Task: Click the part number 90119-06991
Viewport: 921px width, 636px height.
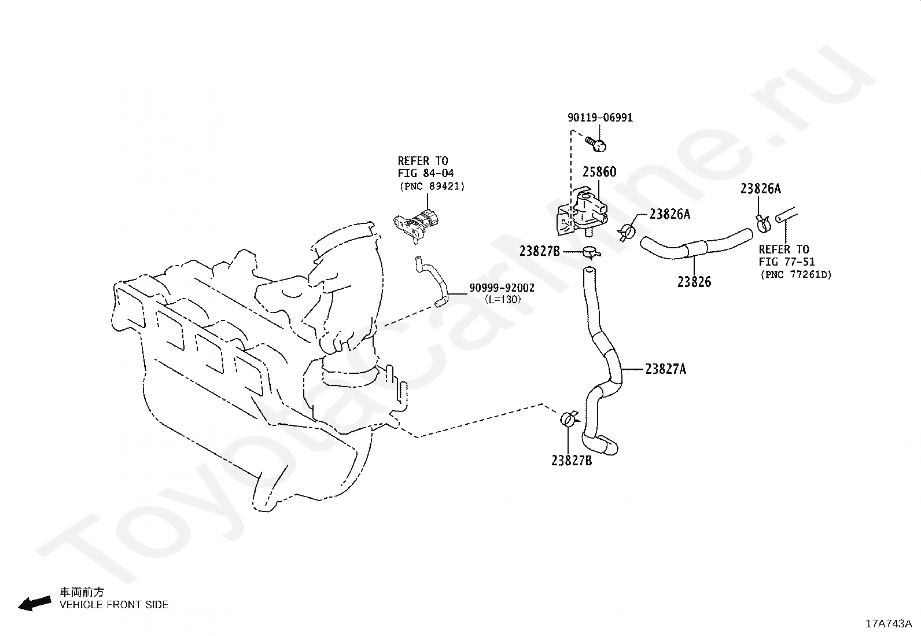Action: tap(601, 117)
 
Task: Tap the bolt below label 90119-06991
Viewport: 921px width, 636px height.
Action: tap(597, 144)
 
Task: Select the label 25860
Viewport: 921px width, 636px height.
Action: tap(599, 172)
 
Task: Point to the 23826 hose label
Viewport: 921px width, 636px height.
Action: tap(694, 282)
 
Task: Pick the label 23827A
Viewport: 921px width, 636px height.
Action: tap(666, 369)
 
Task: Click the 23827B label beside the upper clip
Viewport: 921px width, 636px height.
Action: tap(539, 251)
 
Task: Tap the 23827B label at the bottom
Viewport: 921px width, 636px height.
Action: tap(572, 461)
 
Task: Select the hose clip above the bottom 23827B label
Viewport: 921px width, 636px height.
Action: tap(569, 419)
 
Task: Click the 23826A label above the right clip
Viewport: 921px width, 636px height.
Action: tap(761, 189)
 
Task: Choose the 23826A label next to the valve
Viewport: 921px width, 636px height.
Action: tap(670, 214)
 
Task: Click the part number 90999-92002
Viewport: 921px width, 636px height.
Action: tap(502, 288)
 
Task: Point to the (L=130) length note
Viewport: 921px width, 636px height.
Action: tap(503, 300)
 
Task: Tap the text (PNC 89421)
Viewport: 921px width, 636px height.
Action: tap(432, 186)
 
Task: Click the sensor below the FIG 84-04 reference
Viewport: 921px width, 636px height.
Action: tap(418, 227)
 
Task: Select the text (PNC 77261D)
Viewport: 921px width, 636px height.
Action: tap(795, 274)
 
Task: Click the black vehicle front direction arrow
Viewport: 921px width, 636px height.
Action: tap(35, 604)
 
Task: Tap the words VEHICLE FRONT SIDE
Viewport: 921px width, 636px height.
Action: tap(114, 605)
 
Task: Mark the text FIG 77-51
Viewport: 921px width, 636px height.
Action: tap(787, 262)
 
